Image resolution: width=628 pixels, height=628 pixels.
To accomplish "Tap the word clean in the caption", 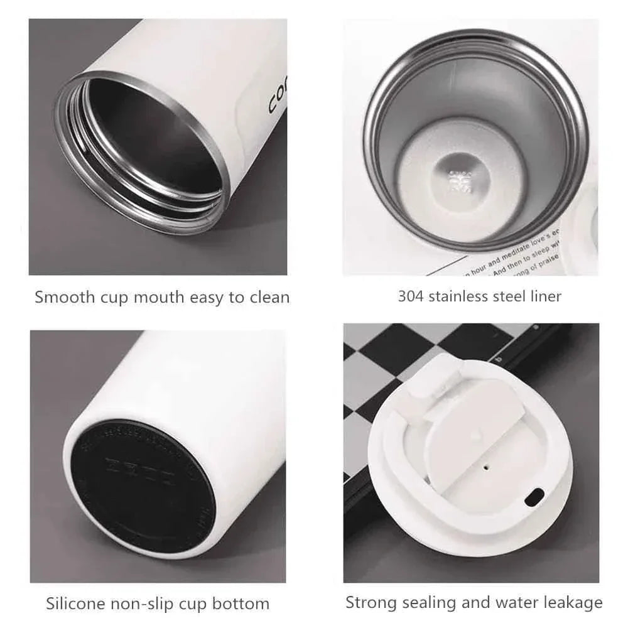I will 268,297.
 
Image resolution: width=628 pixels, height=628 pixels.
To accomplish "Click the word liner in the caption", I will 544,296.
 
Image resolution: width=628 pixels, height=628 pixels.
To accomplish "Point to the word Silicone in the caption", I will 77,604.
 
